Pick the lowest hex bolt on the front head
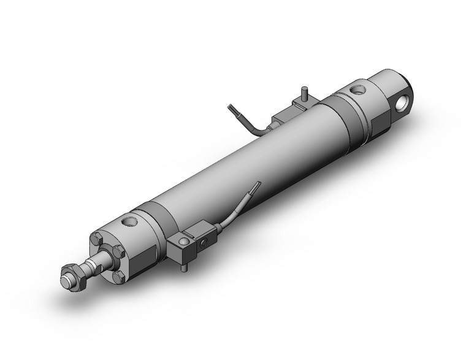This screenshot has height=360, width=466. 118,278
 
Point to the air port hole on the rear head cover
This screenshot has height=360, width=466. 357,92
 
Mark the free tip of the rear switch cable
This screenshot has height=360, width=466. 230,107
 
